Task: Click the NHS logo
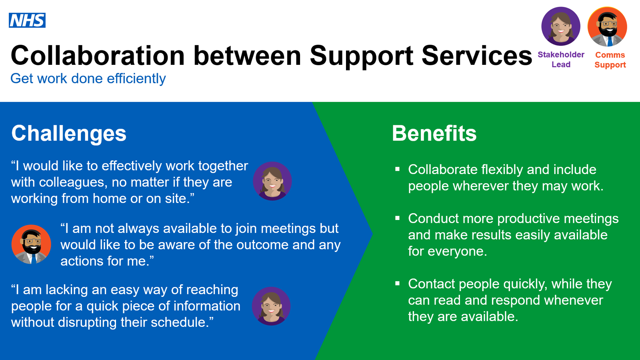27,20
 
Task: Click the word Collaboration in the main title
98,56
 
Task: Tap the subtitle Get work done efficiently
88,79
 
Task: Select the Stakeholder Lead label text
561,60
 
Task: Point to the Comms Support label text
610,60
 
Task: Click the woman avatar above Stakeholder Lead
560,26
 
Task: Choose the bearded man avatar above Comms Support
607,26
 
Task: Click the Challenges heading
68,134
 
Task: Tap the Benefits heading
434,134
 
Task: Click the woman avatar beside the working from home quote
272,181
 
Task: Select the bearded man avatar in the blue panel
31,244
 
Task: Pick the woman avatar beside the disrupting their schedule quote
271,306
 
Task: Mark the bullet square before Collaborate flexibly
397,169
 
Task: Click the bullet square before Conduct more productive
397,218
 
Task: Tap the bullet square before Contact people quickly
397,284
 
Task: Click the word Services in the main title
477,56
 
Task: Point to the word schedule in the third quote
182,322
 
